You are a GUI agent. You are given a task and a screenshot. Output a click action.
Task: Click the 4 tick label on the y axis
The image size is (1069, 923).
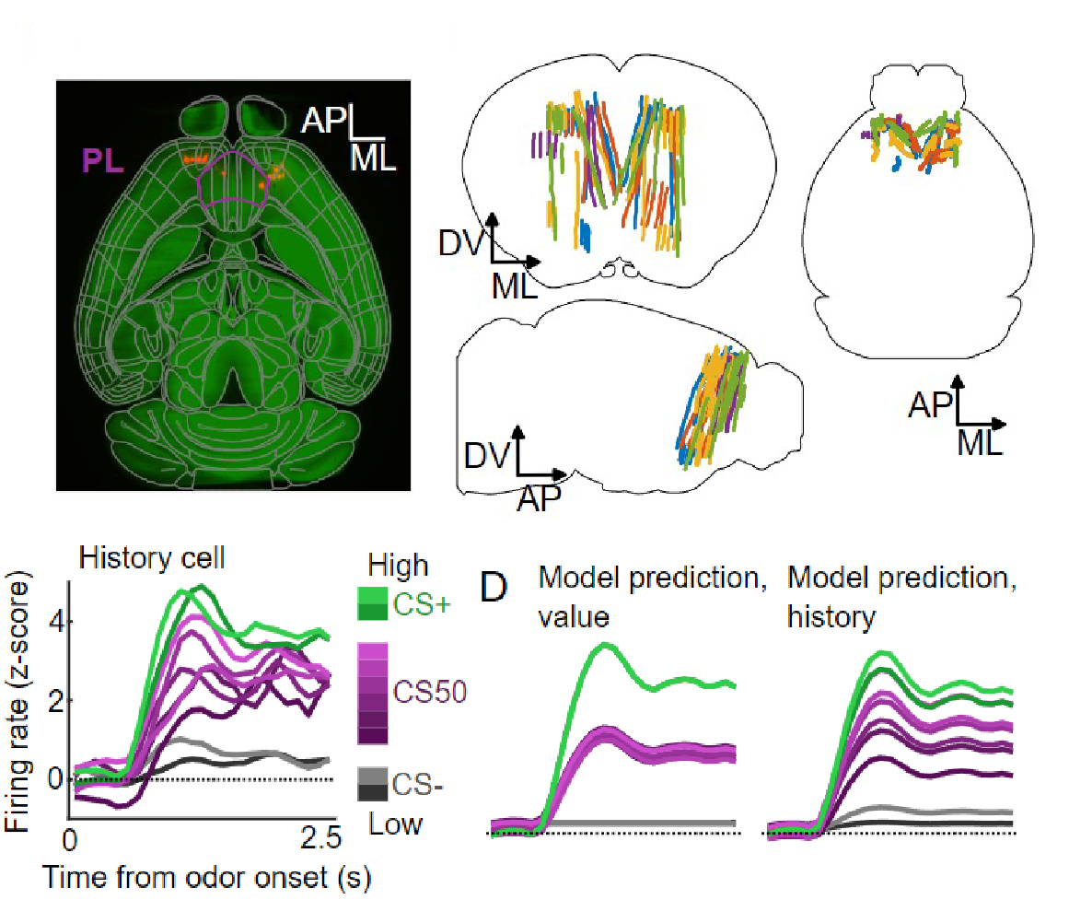tap(56, 623)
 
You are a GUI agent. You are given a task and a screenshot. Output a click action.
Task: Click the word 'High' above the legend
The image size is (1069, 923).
tap(398, 565)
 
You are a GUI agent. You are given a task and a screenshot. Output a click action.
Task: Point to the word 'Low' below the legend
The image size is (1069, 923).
tap(395, 823)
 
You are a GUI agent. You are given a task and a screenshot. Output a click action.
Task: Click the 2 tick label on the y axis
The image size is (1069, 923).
tap(56, 701)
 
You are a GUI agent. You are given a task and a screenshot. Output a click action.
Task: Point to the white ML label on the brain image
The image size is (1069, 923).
tap(373, 158)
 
